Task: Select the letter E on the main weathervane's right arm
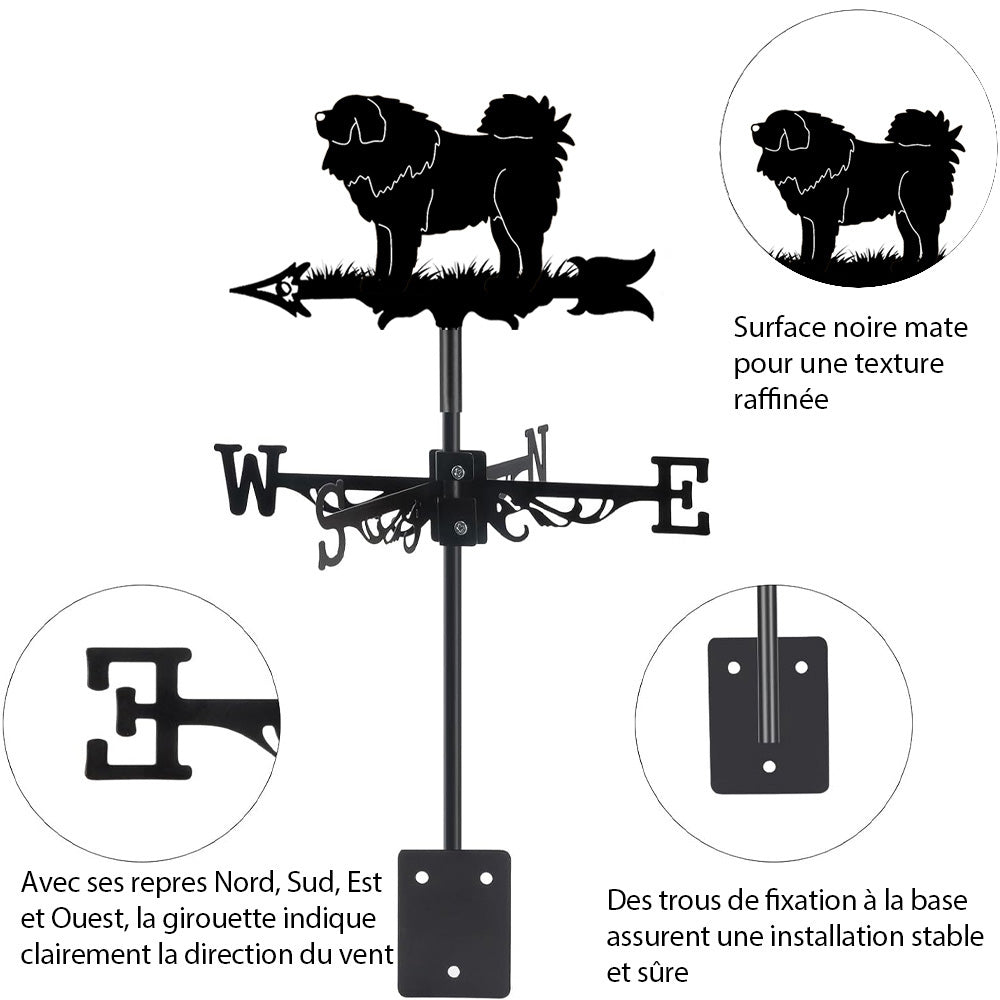pyautogui.click(x=681, y=494)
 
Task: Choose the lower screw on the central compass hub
pyautogui.click(x=459, y=528)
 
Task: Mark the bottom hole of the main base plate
pyautogui.click(x=454, y=971)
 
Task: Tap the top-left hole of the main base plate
pyautogui.click(x=421, y=877)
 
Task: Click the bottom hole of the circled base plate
pyautogui.click(x=768, y=766)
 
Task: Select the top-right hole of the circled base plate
pyautogui.click(x=801, y=665)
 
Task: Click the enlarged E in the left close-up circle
pyautogui.click(x=139, y=713)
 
